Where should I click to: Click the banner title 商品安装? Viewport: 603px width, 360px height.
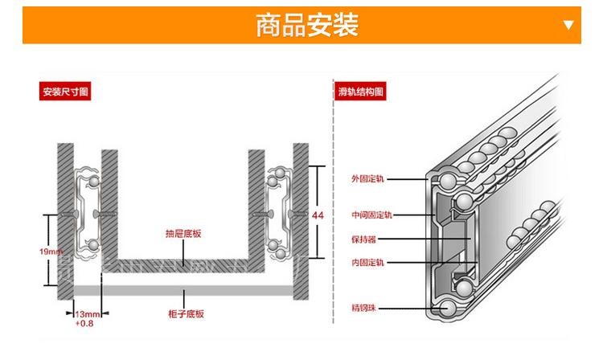pos(306,25)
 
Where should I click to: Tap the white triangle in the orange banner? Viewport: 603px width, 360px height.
pos(569,25)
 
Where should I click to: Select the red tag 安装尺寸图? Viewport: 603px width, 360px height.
pos(65,92)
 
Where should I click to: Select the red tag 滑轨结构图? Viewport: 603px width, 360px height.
pos(360,92)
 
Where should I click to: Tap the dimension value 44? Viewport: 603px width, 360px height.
pos(318,215)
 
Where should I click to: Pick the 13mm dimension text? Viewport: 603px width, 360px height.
pos(87,313)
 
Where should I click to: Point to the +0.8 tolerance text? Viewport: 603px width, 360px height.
pos(84,324)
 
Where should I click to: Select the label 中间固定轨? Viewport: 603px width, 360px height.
pos(371,215)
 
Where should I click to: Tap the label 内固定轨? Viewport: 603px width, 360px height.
pos(367,262)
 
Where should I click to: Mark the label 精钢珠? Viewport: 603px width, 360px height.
pos(366,307)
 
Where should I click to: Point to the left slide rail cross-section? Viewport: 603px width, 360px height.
pos(89,213)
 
